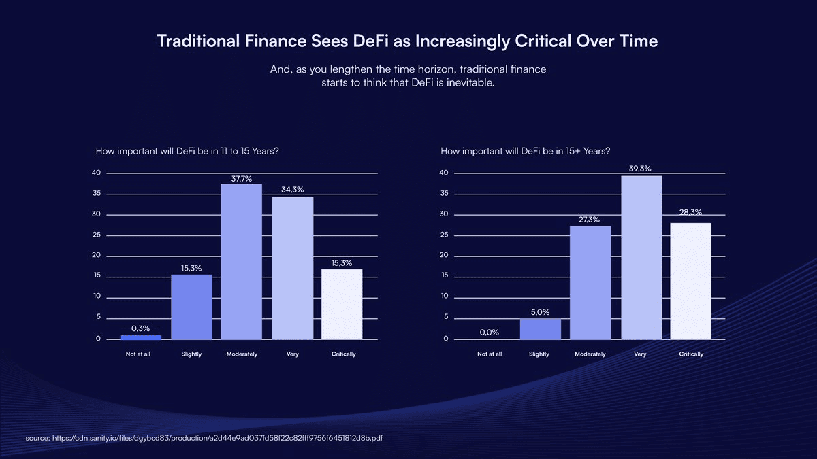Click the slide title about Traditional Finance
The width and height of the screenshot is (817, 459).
(x=407, y=41)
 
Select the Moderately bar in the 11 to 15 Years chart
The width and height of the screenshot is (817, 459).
(x=242, y=262)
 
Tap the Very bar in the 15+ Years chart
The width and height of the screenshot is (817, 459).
(x=641, y=258)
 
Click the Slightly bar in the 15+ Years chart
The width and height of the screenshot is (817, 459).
(x=541, y=329)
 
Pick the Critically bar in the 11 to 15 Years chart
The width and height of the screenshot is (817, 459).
(x=342, y=304)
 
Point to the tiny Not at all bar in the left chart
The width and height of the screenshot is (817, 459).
(x=141, y=337)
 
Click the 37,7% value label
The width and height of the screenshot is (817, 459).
(x=242, y=179)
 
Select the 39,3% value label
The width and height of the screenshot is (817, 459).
(x=641, y=168)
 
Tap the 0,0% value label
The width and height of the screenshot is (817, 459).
(x=490, y=333)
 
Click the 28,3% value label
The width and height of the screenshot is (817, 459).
(x=690, y=214)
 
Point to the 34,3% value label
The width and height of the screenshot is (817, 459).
(x=292, y=189)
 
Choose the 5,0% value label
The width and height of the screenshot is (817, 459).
(x=540, y=312)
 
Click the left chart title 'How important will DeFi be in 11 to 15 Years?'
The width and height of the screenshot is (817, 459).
(x=187, y=151)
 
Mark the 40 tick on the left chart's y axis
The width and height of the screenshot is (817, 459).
(x=97, y=173)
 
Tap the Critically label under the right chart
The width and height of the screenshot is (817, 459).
(x=691, y=354)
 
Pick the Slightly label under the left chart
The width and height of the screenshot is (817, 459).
(x=192, y=354)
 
